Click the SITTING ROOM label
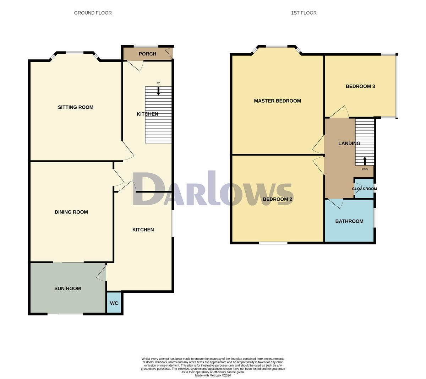pyautogui.click(x=76, y=107)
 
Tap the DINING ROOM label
pyautogui.click(x=71, y=212)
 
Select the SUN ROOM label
pyautogui.click(x=67, y=288)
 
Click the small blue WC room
pyautogui.click(x=114, y=303)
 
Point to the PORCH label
pyautogui.click(x=147, y=54)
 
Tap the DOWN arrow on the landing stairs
pyautogui.click(x=365, y=161)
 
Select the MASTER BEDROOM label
pyautogui.click(x=277, y=101)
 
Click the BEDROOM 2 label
pyautogui.click(x=277, y=199)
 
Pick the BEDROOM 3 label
pyautogui.click(x=360, y=86)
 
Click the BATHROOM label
pyautogui.click(x=349, y=221)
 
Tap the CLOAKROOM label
pyautogui.click(x=364, y=189)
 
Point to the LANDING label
pyautogui.click(x=349, y=144)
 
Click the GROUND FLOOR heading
pyautogui.click(x=93, y=13)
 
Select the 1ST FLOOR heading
pyautogui.click(x=304, y=13)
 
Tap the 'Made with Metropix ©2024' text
pyautogui.click(x=213, y=375)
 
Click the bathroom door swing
pyautogui.click(x=337, y=203)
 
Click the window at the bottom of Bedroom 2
pyautogui.click(x=273, y=243)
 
